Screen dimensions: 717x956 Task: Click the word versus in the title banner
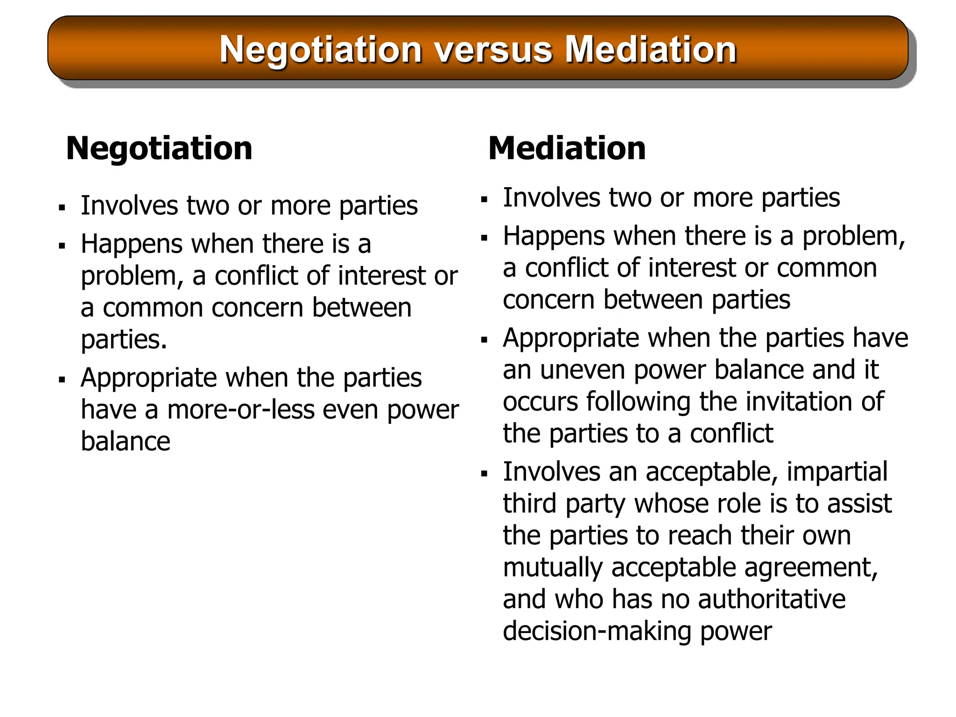point(494,49)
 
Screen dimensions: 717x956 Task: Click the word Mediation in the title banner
point(651,49)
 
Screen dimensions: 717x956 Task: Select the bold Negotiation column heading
point(159,148)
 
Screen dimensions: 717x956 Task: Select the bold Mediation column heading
point(567,148)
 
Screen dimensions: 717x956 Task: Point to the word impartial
point(837,471)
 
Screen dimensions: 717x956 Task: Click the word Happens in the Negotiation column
point(132,244)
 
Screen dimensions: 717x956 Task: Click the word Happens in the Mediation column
point(554,236)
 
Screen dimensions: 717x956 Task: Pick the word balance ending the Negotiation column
point(126,442)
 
